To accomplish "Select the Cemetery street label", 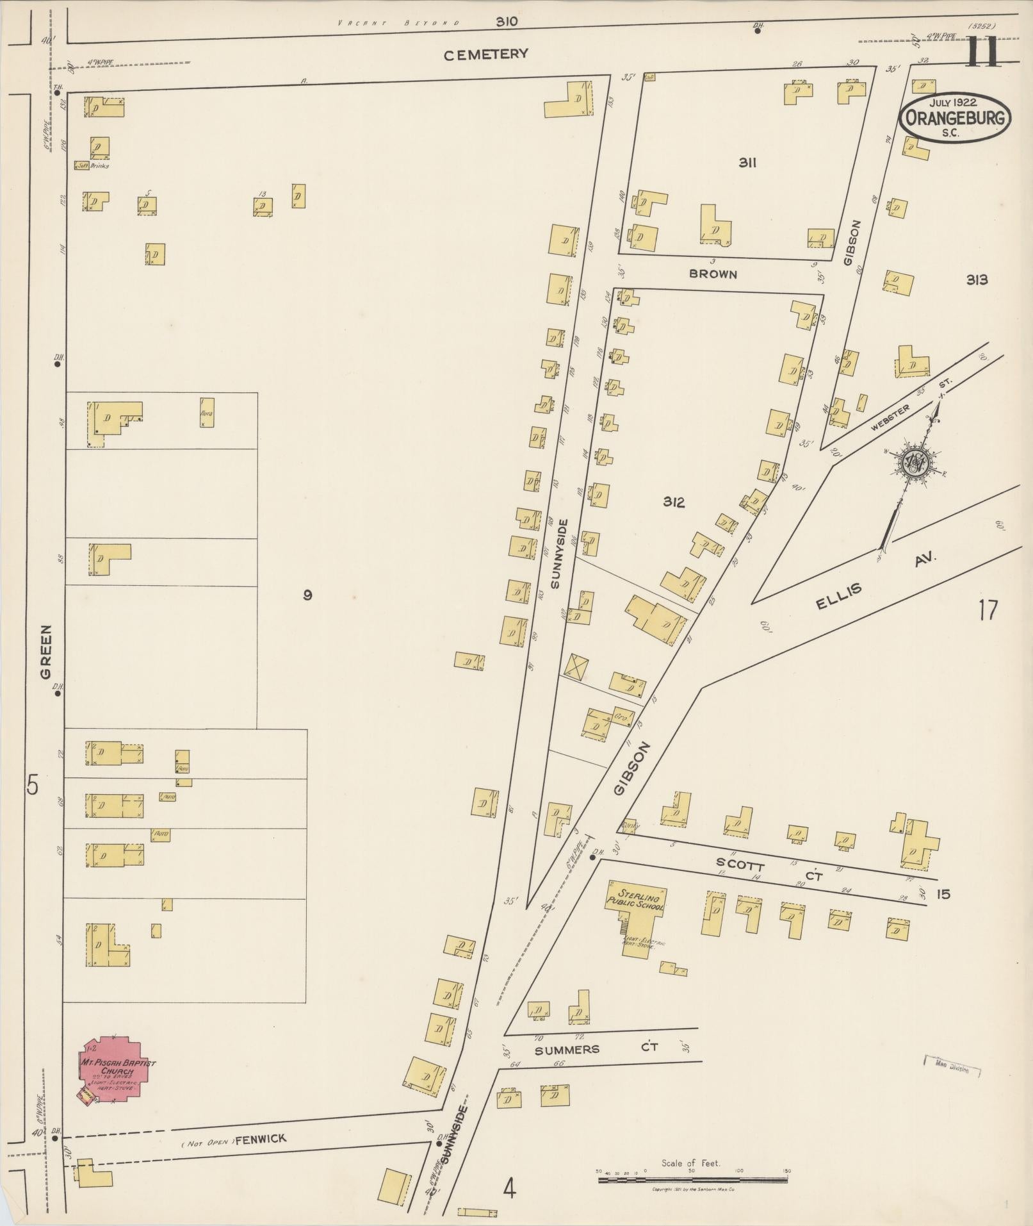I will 487,54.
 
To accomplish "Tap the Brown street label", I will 713,274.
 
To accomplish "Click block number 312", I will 674,502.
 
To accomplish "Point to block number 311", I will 747,163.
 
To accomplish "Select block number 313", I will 977,279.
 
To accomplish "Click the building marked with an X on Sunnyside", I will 576,665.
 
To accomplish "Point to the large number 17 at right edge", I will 988,609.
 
